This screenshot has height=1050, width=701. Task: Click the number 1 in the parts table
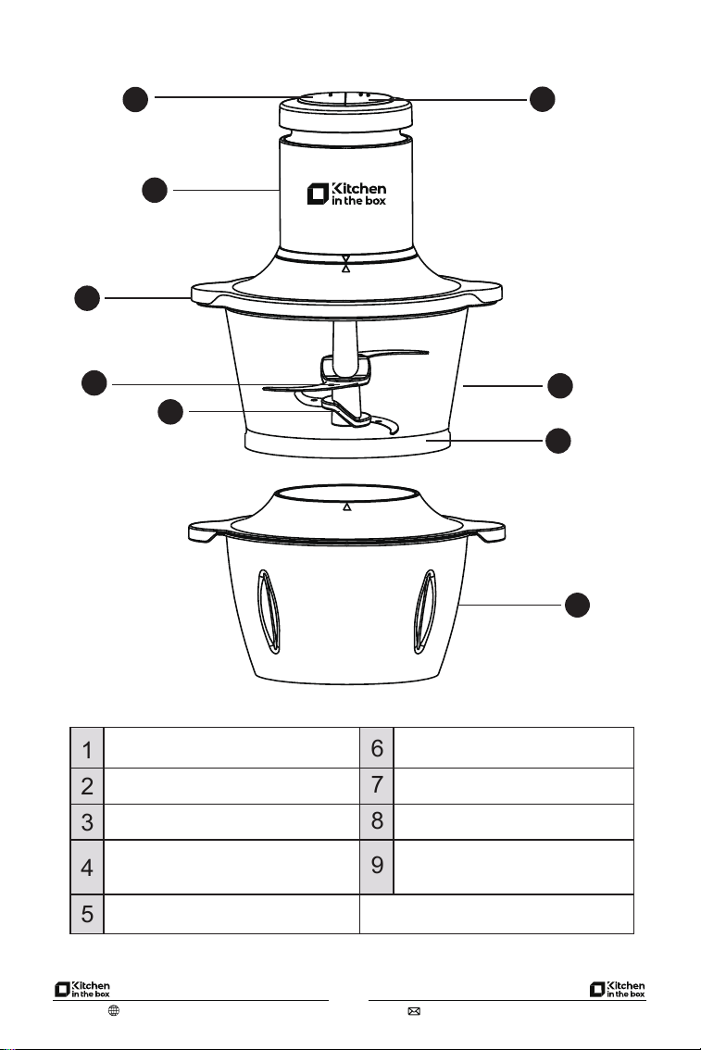click(x=87, y=749)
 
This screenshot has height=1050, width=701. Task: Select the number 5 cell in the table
click(x=87, y=913)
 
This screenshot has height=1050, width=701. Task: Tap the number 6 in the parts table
click(x=377, y=748)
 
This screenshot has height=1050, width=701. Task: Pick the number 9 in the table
click(x=377, y=866)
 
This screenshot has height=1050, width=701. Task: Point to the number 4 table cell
click(x=87, y=868)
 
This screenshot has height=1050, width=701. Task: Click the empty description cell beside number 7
click(x=514, y=785)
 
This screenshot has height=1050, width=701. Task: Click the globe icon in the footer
click(x=114, y=1010)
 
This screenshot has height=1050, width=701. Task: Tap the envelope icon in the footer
click(x=414, y=1011)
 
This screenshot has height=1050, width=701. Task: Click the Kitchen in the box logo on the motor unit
click(x=346, y=194)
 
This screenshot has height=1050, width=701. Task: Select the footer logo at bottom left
click(x=81, y=989)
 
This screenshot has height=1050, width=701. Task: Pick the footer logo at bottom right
click(x=618, y=989)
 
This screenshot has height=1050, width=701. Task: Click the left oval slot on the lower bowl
click(x=269, y=611)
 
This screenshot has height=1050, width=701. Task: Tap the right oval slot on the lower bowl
click(x=425, y=611)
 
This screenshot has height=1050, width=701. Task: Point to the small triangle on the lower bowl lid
click(x=347, y=506)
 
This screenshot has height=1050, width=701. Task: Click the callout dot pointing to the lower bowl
click(x=577, y=604)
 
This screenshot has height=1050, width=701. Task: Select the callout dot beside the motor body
click(x=155, y=190)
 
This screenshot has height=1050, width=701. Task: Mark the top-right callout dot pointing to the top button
click(x=543, y=99)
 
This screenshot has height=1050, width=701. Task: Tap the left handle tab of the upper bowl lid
click(x=204, y=294)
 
